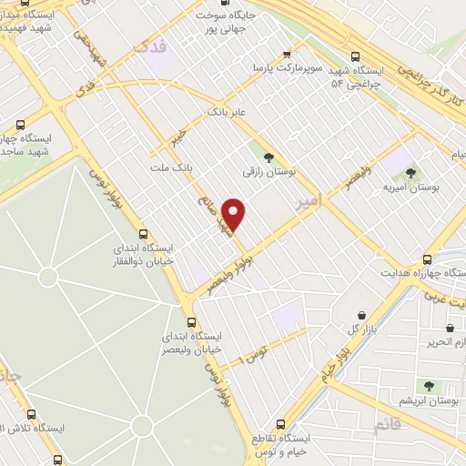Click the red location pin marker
(x=234, y=213)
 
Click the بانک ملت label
(x=173, y=168)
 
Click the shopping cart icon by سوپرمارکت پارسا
(x=289, y=53)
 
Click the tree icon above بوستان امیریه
(x=410, y=171)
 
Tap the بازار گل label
(x=361, y=328)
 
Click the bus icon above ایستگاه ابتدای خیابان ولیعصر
(x=191, y=321)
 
